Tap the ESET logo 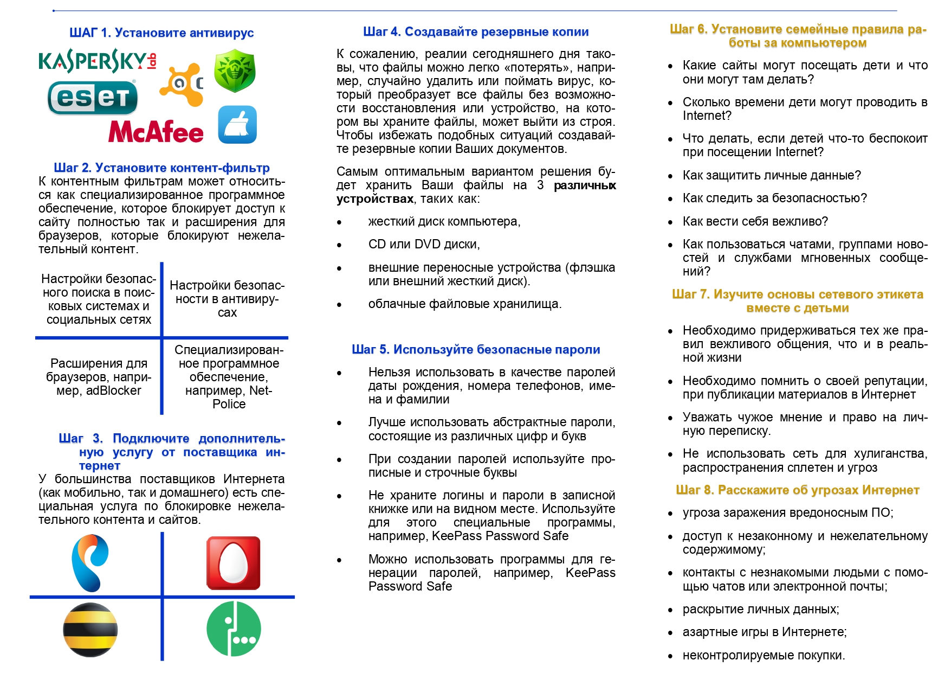click(93, 98)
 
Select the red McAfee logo click(156, 132)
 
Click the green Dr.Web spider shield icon click(235, 71)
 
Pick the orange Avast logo click(182, 85)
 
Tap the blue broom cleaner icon click(237, 125)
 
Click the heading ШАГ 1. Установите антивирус click(161, 33)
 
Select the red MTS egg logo click(234, 563)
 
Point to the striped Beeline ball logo click(90, 630)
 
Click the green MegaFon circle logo click(234, 629)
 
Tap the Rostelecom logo click(90, 562)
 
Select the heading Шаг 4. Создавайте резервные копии click(476, 32)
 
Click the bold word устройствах click(375, 199)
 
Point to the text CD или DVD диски click(424, 245)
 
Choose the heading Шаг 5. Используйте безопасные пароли click(476, 350)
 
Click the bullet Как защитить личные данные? click(772, 176)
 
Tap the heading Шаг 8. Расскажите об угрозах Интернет click(797, 490)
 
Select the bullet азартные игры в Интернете click(764, 632)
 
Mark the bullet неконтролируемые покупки click(764, 656)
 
